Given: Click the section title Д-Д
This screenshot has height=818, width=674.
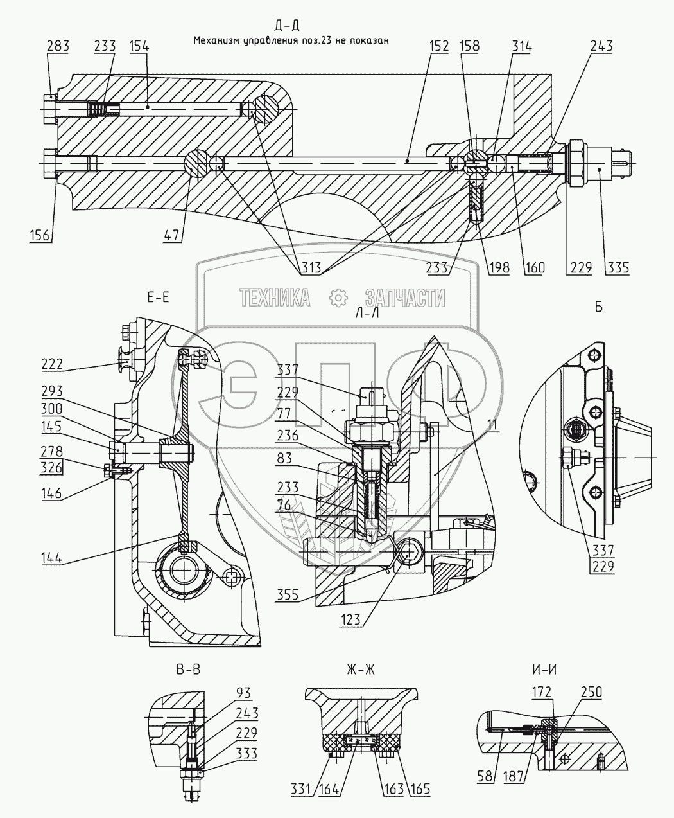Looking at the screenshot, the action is pos(286,26).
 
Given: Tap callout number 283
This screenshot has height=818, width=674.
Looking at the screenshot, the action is pos(58,46).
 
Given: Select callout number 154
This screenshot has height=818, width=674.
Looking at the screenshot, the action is pos(139,46).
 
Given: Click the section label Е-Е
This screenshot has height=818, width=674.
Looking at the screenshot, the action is pos(158,297).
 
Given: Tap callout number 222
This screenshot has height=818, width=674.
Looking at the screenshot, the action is pos(51,364).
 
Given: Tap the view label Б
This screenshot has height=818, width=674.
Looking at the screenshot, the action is pos(599,307).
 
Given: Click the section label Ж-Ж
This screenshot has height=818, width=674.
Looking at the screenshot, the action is pos(360,669).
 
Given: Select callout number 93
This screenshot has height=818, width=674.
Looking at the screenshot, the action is pos(243,692).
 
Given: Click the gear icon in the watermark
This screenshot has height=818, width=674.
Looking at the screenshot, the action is pos(337,297).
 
